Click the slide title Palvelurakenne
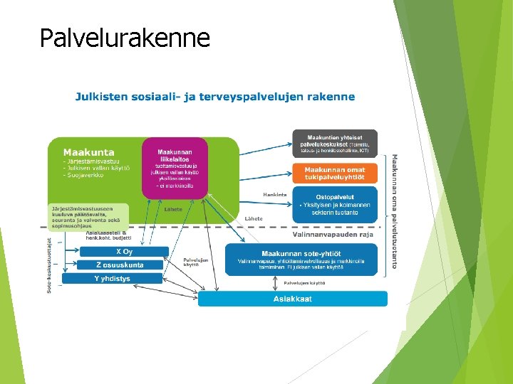(125, 37)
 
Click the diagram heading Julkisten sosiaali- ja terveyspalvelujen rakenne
(215, 96)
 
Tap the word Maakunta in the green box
(88, 151)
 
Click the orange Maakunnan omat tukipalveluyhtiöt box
(334, 173)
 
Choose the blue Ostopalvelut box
(334, 205)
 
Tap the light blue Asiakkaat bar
(292, 299)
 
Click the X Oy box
(124, 252)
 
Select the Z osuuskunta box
(120, 265)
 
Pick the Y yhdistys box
(113, 279)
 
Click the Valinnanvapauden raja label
(333, 234)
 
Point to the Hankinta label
(275, 194)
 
